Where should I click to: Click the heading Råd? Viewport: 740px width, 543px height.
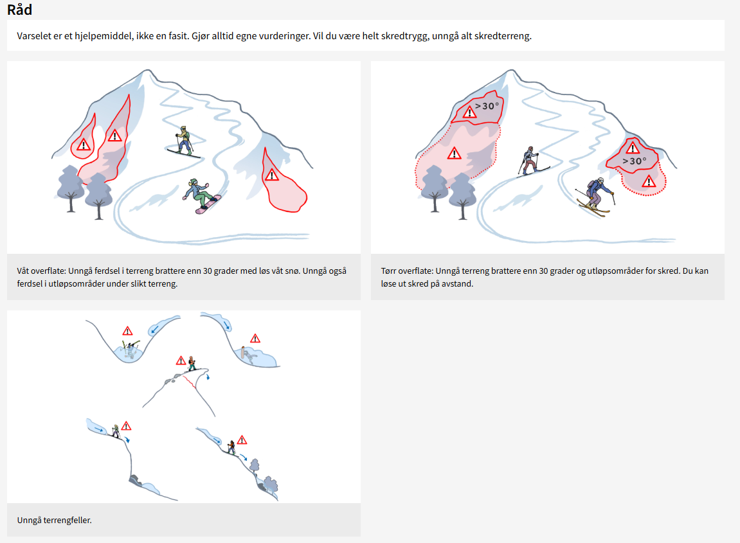pos(19,10)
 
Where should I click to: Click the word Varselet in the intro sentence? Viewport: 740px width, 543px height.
pos(33,36)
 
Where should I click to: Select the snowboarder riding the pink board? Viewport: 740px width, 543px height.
pos(202,196)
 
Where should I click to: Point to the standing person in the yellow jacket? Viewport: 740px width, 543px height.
pos(184,141)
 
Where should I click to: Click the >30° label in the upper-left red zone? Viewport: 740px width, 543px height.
pos(487,106)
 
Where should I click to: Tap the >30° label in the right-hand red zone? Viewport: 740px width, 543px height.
pos(635,161)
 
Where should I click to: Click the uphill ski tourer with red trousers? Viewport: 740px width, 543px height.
pos(531,161)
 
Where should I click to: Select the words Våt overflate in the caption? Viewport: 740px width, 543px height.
pos(41,271)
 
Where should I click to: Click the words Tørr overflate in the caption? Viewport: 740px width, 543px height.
pos(406,271)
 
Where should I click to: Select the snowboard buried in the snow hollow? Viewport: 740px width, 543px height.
pos(244,353)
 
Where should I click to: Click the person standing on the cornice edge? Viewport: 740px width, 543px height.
pos(192,363)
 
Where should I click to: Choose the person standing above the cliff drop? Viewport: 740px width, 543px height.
pos(116,431)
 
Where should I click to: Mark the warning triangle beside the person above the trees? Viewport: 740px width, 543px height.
pos(242,440)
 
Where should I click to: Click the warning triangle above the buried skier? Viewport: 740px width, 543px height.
pos(127,331)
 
